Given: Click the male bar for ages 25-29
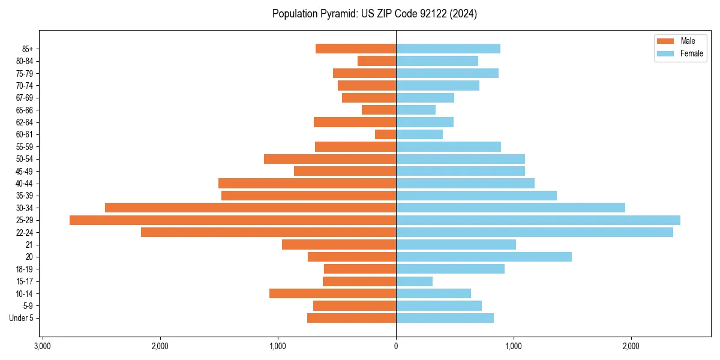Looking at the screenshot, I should tap(233, 220).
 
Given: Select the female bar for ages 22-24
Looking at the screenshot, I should tap(534, 232).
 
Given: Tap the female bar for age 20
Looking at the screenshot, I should tap(484, 257).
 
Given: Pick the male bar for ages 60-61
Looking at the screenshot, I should tap(386, 134).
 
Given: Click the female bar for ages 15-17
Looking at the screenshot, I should tap(414, 281).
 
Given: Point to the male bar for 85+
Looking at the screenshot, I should tap(356, 49).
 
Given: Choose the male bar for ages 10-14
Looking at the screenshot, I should tap(332, 293).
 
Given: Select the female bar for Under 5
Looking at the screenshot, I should tap(445, 318).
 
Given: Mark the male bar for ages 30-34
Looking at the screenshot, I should tap(250, 208).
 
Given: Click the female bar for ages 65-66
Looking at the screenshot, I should tap(416, 110).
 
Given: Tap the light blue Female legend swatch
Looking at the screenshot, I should tap(665, 53).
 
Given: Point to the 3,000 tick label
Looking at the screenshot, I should tap(42, 346).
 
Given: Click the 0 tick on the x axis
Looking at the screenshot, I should tap(396, 346).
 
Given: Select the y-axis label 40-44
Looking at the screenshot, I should tap(25, 184).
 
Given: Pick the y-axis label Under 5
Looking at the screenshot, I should tap(22, 318).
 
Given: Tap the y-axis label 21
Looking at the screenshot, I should tap(29, 245).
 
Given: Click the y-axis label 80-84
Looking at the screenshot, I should tap(25, 61).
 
